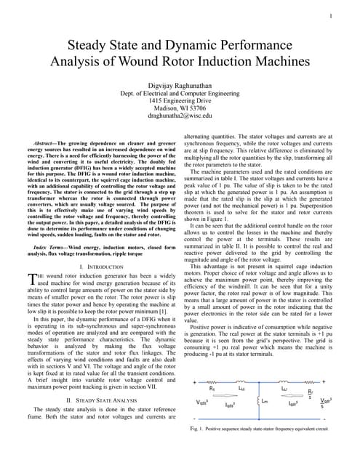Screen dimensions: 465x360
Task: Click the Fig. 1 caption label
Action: [x=192, y=429]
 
